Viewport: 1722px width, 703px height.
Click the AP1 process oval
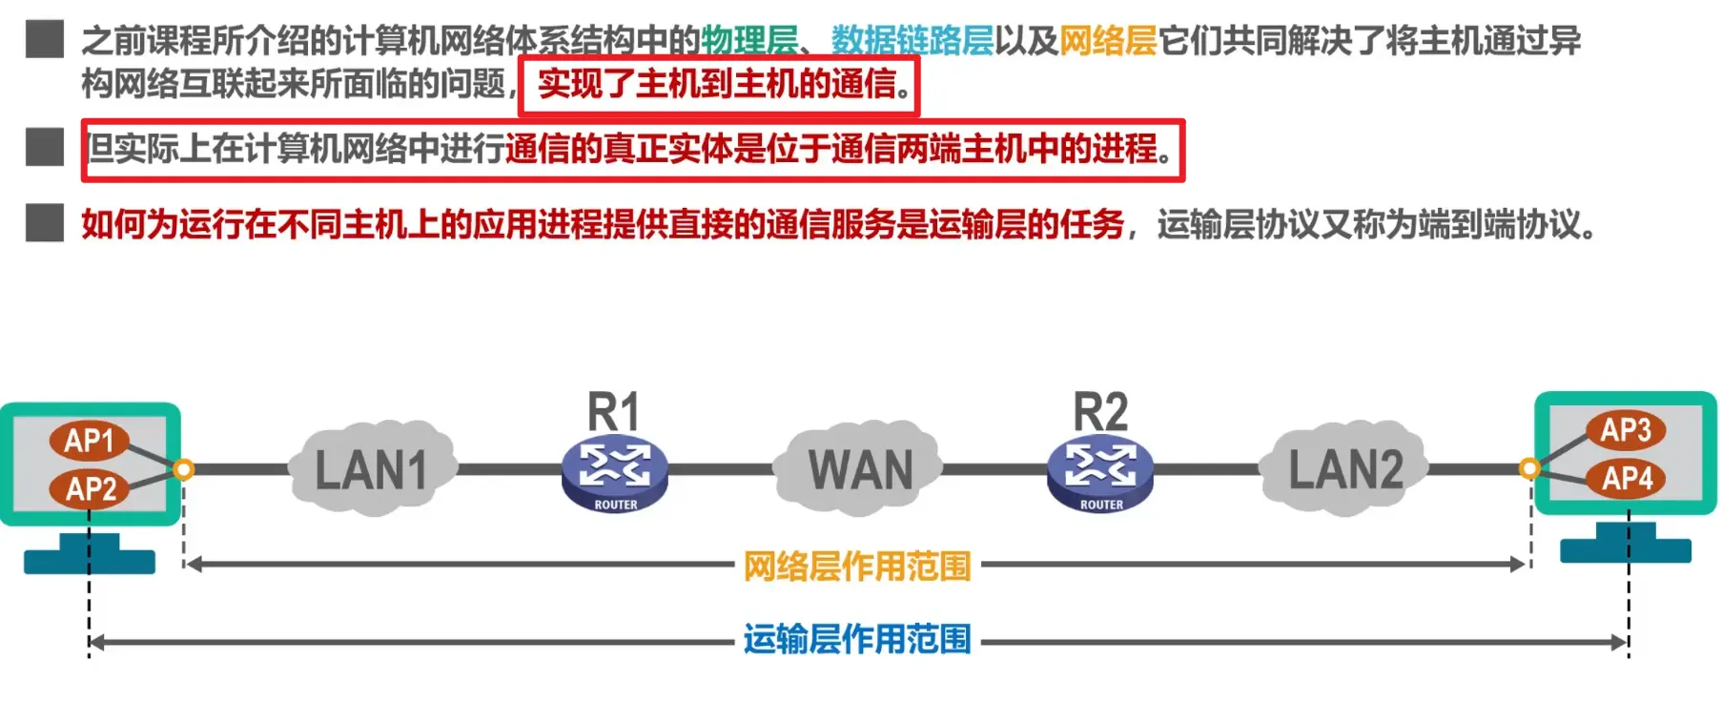[x=89, y=441]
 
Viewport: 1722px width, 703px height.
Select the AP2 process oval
[x=91, y=488]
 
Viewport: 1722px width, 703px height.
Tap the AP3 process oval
[x=1625, y=430]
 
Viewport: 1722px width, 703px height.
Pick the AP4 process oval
[x=1627, y=478]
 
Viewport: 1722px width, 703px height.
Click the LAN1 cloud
[x=372, y=469]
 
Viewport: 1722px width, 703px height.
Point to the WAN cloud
[x=860, y=469]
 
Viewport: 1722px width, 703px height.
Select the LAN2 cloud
[x=1344, y=469]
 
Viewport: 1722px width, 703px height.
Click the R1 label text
[x=613, y=412]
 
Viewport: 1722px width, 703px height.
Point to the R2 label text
[x=1100, y=412]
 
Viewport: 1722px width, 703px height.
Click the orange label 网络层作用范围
[x=856, y=567]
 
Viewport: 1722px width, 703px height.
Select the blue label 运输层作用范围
[x=856, y=639]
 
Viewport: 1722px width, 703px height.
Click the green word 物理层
[x=749, y=41]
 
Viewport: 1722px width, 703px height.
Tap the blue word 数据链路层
[x=912, y=41]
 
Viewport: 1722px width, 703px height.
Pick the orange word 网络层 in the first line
[x=1108, y=41]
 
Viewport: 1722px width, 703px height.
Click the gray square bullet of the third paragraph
[x=45, y=223]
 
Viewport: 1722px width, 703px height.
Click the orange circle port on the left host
[x=184, y=468]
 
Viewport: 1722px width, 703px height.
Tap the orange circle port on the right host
[x=1528, y=467]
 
